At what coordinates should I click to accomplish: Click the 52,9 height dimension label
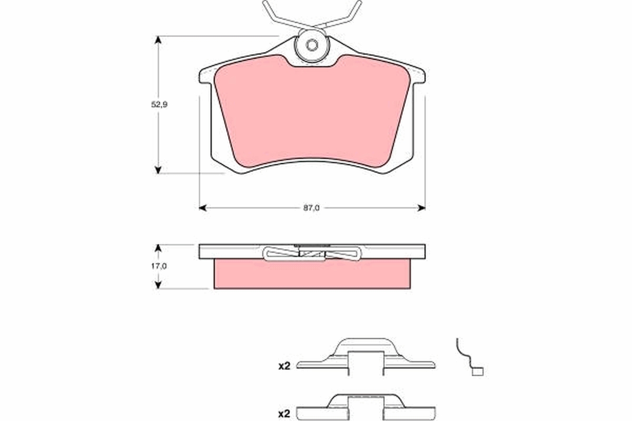coord(159,105)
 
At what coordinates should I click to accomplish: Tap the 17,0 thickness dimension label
coord(159,266)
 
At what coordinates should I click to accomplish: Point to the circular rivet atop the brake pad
coord(312,45)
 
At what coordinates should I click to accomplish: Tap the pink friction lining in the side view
coord(312,274)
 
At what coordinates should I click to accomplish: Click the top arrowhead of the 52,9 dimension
coord(157,40)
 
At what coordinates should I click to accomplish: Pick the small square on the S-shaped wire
coord(478,372)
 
